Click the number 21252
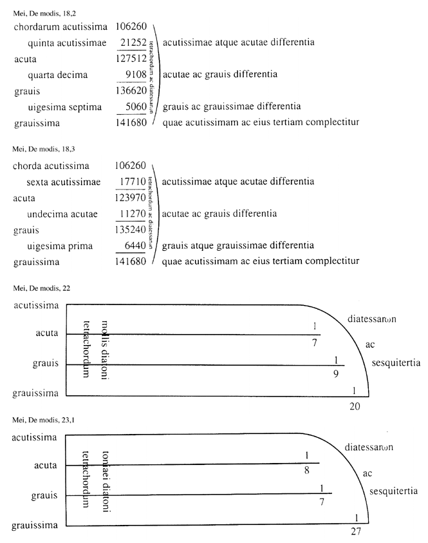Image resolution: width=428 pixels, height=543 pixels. coord(134,43)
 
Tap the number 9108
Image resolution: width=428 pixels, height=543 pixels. coord(136,74)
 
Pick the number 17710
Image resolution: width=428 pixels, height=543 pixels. coord(134,183)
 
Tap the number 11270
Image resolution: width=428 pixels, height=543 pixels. coord(134,213)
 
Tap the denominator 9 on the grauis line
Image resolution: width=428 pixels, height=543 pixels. coord(337,373)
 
